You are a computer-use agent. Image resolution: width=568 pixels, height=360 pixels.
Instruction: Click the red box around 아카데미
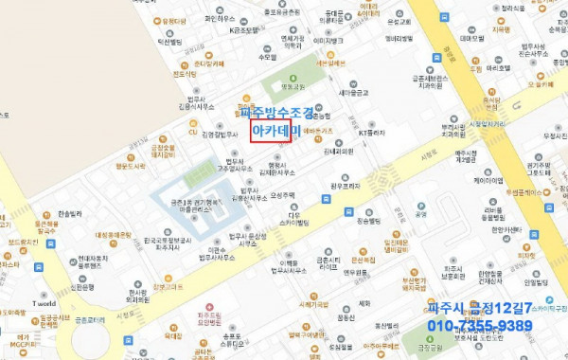pos(270,132)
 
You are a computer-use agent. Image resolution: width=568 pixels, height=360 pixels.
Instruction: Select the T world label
pos(44,304)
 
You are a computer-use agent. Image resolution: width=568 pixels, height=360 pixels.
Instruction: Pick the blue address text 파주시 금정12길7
pos(475,308)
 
